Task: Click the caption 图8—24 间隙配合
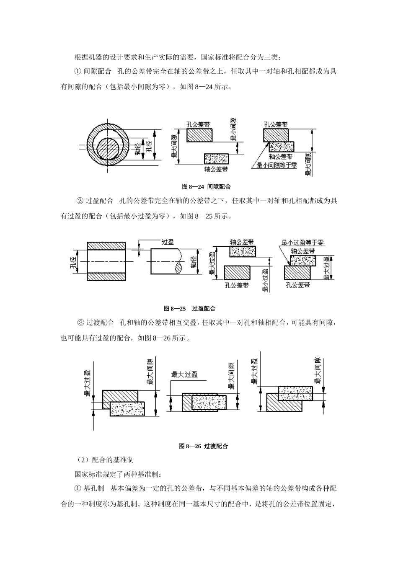[x=206, y=187]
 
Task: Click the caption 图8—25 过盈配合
[x=190, y=308]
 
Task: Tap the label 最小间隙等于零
[x=277, y=165]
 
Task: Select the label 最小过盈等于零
[x=302, y=243]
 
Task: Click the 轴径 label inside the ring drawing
[x=137, y=149]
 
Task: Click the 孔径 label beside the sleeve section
[x=73, y=263]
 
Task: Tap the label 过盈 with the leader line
[x=168, y=242]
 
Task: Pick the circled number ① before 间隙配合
[x=78, y=71]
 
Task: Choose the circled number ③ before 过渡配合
[x=81, y=323]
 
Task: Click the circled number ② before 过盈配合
[x=80, y=201]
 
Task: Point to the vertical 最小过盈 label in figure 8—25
[x=265, y=281]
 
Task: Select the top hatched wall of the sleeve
[x=106, y=246]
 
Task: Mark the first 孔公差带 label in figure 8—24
[x=198, y=124]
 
